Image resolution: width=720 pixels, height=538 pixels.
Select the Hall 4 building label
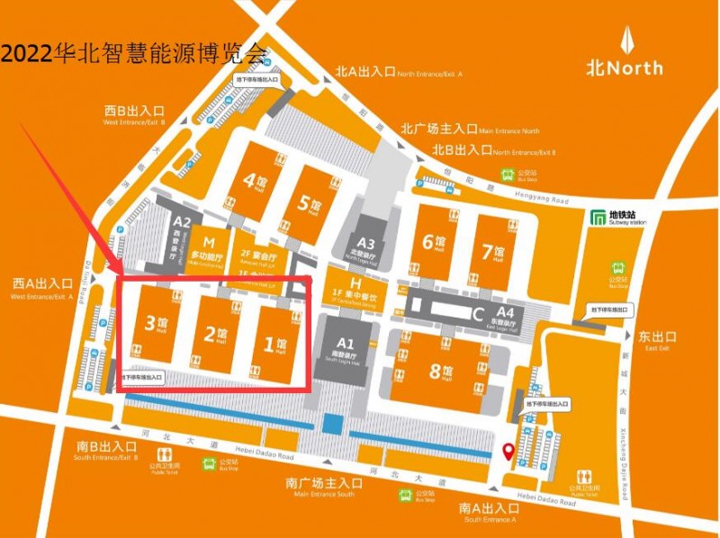[x=256, y=184]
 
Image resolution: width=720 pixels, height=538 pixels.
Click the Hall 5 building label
[x=310, y=202]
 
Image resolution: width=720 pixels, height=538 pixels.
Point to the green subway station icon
[x=598, y=217]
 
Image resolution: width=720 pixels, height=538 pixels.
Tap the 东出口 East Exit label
[x=657, y=339]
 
